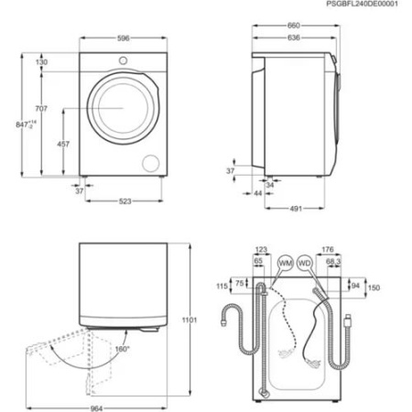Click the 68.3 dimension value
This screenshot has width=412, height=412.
pos(332,261)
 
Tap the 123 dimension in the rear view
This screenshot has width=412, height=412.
pos(262,249)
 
